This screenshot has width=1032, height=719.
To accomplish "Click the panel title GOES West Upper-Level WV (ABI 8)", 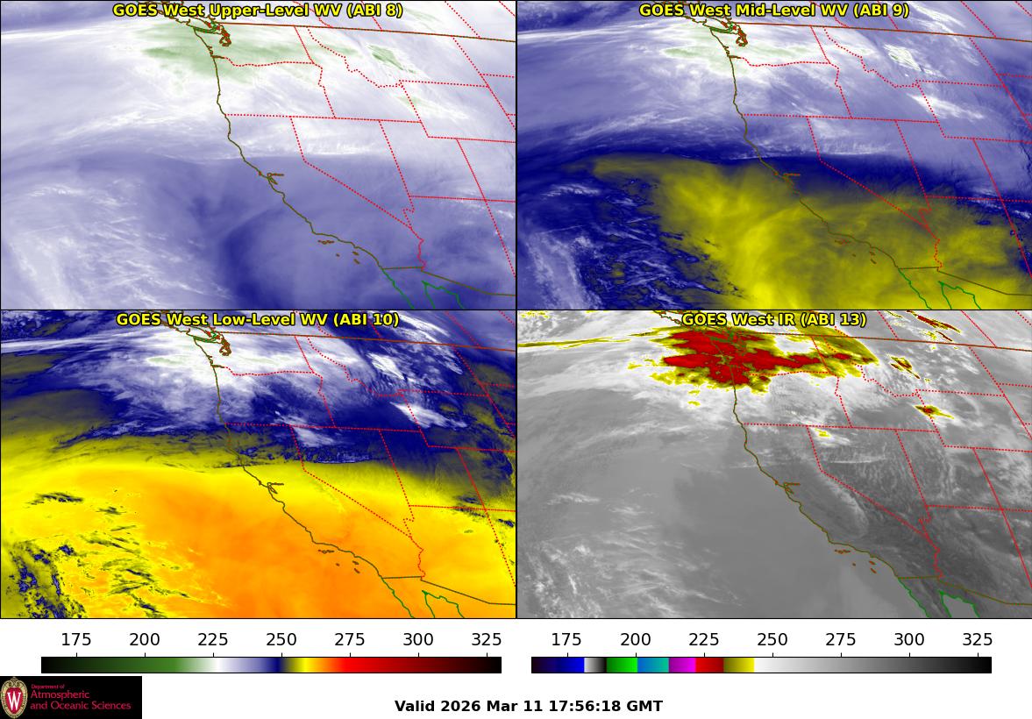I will point(258,11).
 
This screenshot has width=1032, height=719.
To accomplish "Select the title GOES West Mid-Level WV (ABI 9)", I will point(774,11).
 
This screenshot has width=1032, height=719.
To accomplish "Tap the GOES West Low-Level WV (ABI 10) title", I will point(258,320).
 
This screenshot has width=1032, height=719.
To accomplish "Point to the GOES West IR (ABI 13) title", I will point(774,320).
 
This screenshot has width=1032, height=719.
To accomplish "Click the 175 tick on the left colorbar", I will point(76,639).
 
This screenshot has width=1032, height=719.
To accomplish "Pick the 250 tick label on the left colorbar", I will point(281,639).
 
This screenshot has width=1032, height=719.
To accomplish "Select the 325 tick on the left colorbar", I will point(487,639).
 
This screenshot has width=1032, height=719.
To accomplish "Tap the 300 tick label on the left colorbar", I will point(418,639).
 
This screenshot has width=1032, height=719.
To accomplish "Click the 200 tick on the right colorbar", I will point(635,639).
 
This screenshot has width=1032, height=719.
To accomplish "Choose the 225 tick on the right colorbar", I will point(703,639).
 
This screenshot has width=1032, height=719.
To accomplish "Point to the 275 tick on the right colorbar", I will point(841,639).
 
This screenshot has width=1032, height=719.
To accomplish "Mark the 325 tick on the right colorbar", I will point(978,639).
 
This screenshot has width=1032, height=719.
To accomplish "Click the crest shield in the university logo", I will point(14,698).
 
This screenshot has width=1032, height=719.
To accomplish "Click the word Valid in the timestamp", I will point(415,706).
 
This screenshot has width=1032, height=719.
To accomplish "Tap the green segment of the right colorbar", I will point(621,665).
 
